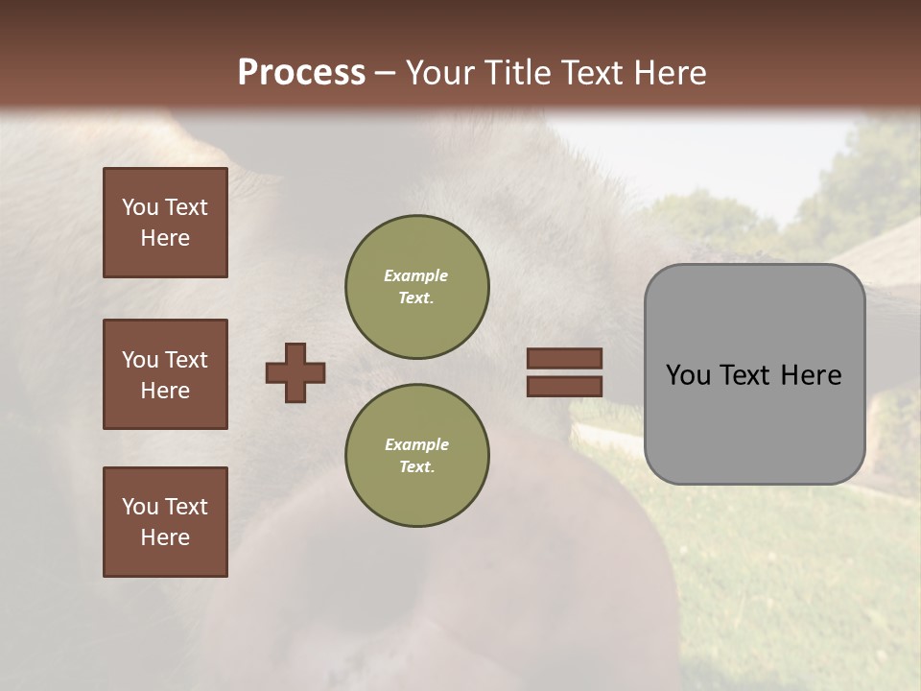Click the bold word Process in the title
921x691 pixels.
point(301,73)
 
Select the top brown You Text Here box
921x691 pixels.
point(165,223)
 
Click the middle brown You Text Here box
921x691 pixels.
point(165,374)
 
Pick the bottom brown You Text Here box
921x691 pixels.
point(165,522)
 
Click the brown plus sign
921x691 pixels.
point(295,372)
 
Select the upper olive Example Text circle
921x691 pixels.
point(416,287)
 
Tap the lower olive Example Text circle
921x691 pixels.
point(416,456)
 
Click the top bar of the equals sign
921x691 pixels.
point(564,358)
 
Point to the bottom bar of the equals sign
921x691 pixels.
point(564,386)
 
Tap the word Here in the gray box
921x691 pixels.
point(811,375)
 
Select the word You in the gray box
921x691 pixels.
point(688,375)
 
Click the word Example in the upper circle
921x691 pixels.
point(415,275)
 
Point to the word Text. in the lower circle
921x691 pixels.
point(416,467)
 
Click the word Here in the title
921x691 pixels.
point(669,73)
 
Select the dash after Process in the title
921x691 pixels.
point(386,74)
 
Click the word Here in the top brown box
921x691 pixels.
point(165,238)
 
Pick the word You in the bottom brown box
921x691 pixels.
point(139,507)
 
